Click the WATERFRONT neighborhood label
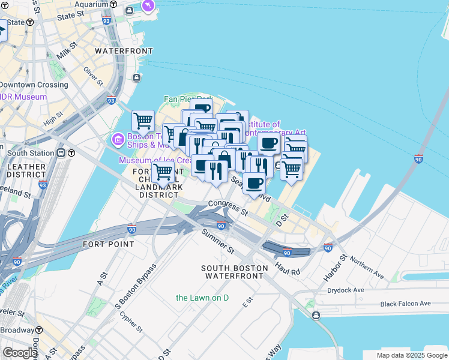point(124,51)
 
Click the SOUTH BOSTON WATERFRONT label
point(234,272)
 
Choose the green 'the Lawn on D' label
point(202,298)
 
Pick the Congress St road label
point(228,208)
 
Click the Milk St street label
point(66,50)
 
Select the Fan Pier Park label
point(188,99)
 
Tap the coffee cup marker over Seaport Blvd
point(254,184)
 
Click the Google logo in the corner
point(20,353)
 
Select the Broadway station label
point(17,330)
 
